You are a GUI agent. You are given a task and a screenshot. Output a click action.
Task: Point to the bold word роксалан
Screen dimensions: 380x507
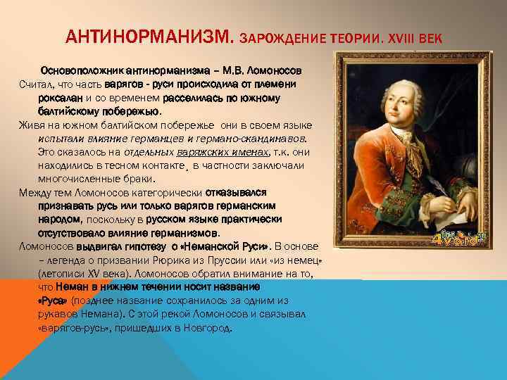click(x=61, y=98)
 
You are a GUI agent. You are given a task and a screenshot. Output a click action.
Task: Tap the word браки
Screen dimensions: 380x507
click(x=128, y=179)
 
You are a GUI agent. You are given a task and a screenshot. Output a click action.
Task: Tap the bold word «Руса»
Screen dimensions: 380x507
click(x=56, y=300)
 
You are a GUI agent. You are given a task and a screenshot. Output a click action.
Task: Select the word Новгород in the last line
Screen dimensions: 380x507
click(x=208, y=327)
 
